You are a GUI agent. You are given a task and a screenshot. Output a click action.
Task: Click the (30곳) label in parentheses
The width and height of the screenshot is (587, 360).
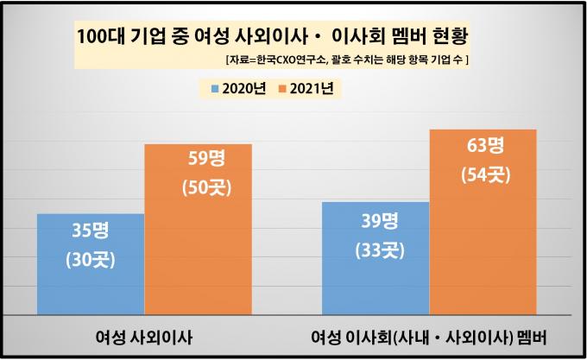click(91, 260)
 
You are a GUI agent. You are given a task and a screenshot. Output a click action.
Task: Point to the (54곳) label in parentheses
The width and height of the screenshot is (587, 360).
click(483, 174)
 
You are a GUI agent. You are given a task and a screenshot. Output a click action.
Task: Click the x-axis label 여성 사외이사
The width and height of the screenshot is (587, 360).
click(142, 335)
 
